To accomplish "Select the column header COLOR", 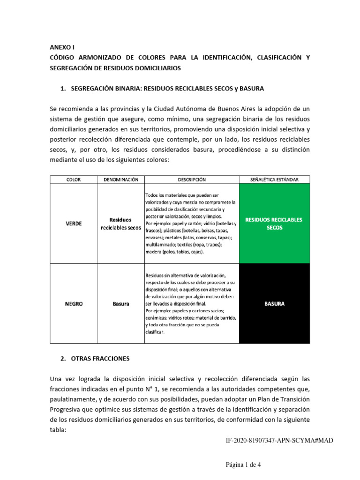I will point(73,180).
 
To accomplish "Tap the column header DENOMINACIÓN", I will point(120,180).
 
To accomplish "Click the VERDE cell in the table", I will point(73,223).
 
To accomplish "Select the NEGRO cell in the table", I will point(73,303).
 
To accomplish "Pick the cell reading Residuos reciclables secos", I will point(120,223).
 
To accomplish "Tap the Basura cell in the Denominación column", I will point(120,303).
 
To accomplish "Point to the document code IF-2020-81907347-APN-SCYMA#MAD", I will point(279,441).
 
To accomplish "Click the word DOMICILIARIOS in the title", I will point(157,68).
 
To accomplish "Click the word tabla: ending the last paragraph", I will point(59,429).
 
